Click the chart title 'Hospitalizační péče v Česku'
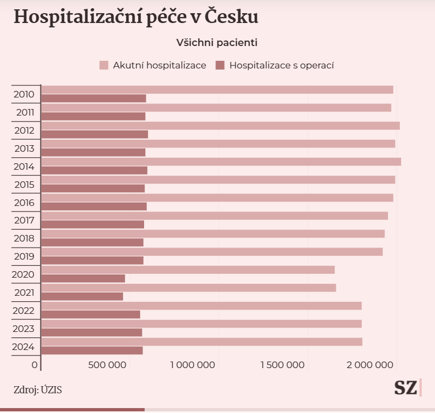coord(136,17)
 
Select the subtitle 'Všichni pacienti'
coord(217,42)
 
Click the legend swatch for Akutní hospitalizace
coord(104,66)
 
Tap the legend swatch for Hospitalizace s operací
coord(220,66)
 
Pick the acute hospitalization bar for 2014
coord(221,162)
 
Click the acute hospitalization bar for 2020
coord(188,269)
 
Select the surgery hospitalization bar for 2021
coord(82,296)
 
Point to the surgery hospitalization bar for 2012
coord(95,134)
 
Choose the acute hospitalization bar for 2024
coord(202,342)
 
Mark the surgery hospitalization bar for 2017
coord(93,224)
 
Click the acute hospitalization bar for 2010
coord(217,90)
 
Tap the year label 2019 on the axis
coord(24,256)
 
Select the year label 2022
coord(24,311)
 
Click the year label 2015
coord(24,185)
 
